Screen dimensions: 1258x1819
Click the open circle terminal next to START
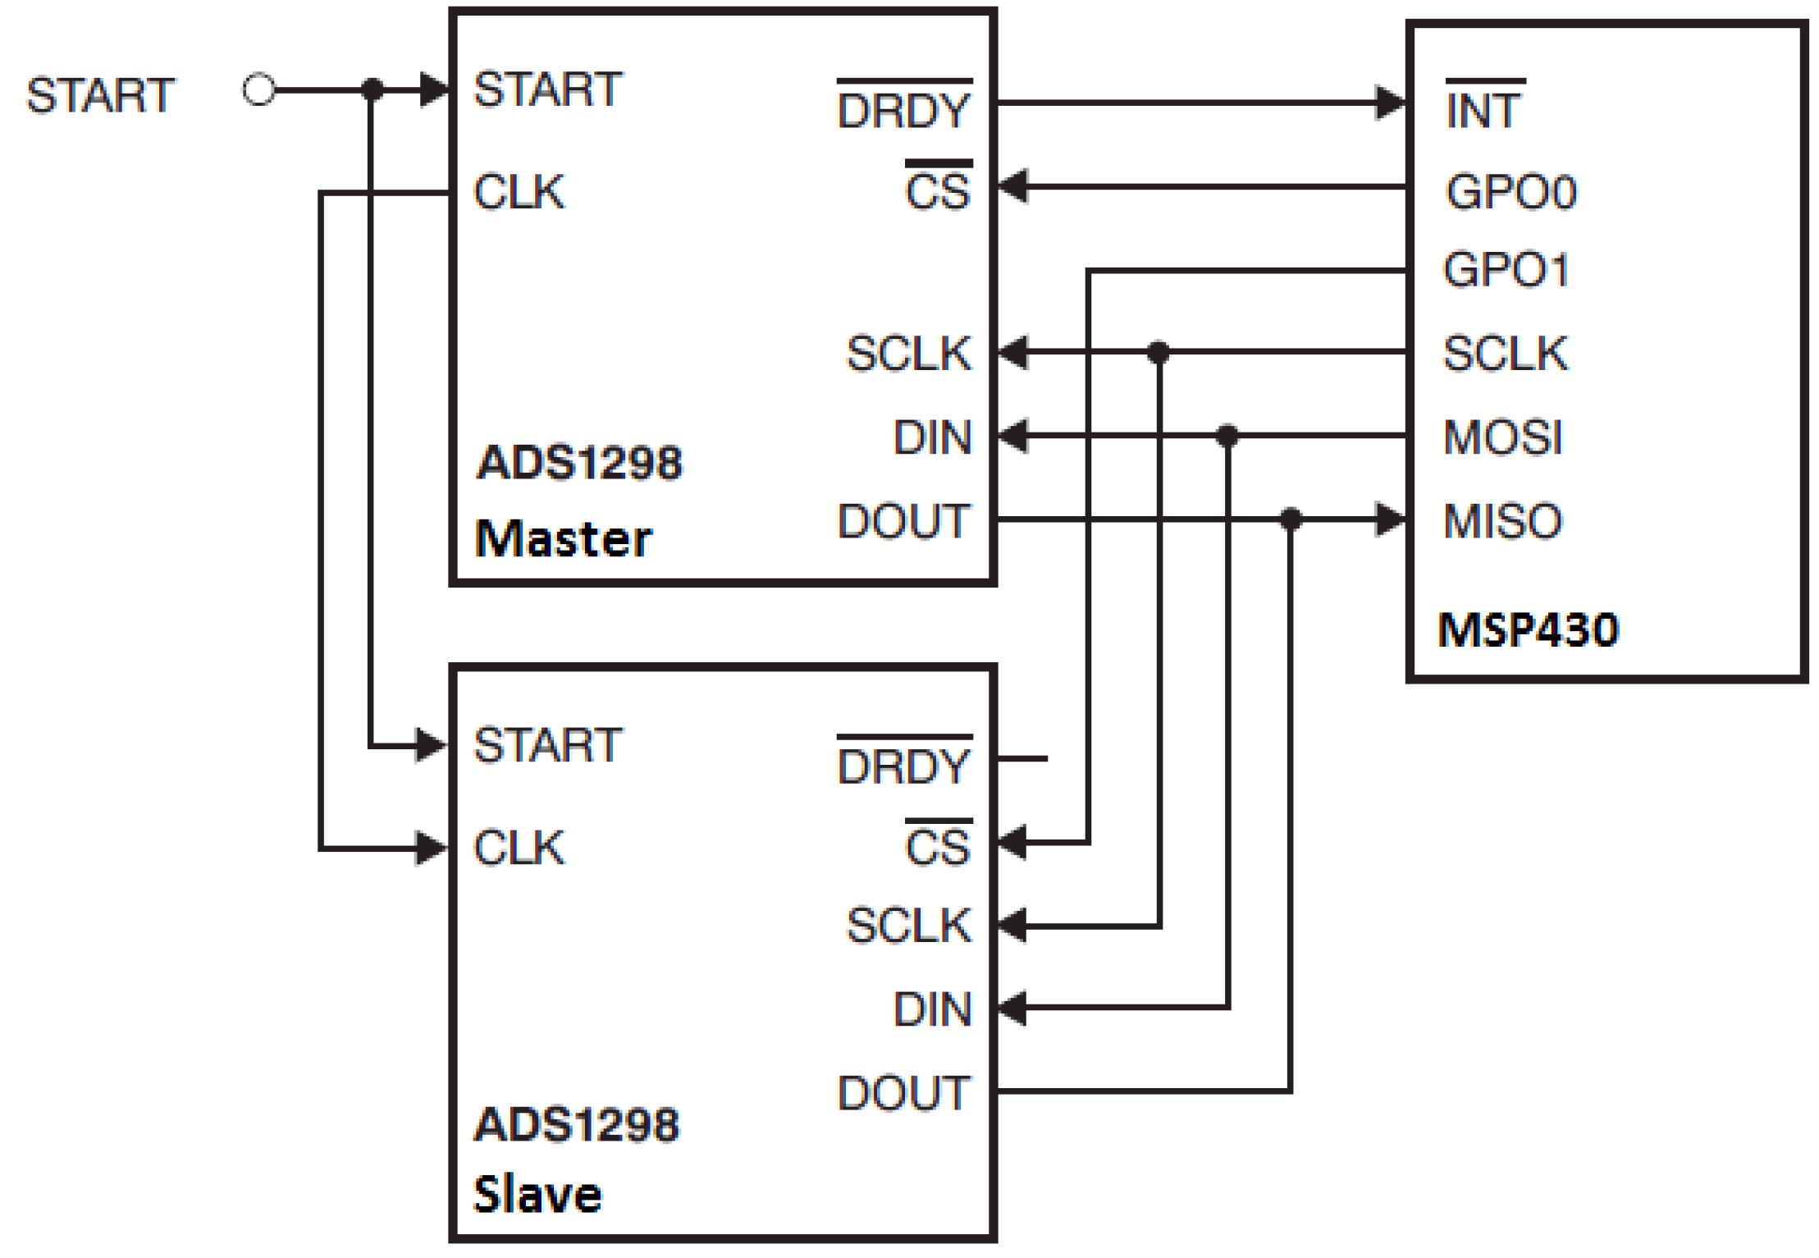click(259, 89)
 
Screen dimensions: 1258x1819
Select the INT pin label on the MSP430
click(1483, 110)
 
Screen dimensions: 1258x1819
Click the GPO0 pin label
click(1511, 192)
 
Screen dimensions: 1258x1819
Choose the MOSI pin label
click(1503, 437)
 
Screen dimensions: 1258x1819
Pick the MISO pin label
click(1502, 520)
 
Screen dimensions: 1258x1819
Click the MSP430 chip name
click(1528, 630)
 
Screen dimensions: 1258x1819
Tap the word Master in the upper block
click(563, 538)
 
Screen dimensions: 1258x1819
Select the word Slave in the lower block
click(537, 1194)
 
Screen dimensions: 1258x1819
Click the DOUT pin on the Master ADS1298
click(903, 520)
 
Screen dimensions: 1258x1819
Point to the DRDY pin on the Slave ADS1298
click(903, 765)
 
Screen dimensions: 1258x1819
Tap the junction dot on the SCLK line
click(1158, 353)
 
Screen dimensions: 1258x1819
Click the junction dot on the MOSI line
click(1227, 436)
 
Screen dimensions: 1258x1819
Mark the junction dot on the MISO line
click(1291, 519)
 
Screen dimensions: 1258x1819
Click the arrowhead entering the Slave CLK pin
click(432, 848)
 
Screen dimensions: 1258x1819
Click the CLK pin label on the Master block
click(519, 191)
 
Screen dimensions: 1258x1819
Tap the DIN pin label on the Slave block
click(931, 1009)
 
